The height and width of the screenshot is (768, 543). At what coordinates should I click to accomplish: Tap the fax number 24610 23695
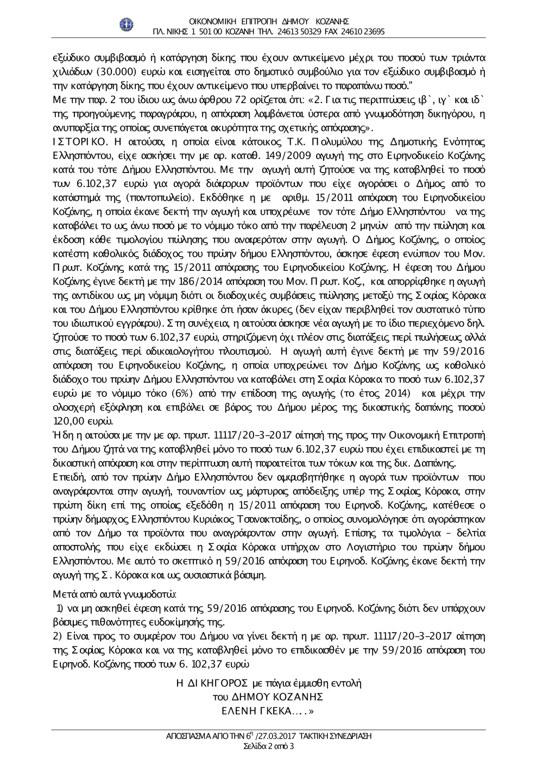click(x=364, y=31)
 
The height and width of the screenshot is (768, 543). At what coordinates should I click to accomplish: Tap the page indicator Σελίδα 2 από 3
click(x=269, y=746)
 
